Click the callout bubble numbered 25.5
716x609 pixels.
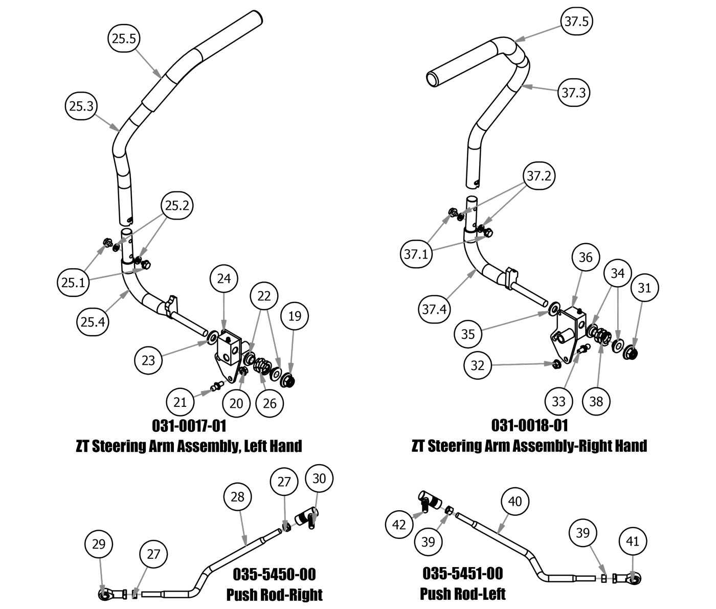tap(124, 39)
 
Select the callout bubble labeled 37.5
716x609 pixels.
tap(576, 21)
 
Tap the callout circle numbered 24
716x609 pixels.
tap(224, 279)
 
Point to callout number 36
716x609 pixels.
tap(586, 257)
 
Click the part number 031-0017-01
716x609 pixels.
tap(189, 426)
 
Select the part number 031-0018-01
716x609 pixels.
tap(529, 425)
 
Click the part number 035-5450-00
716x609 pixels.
tap(274, 574)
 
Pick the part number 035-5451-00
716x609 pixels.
tap(462, 573)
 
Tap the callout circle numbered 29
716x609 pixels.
tap(99, 544)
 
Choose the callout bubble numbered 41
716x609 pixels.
tap(633, 541)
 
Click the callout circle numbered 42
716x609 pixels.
tap(399, 525)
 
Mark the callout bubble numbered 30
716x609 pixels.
tap(319, 478)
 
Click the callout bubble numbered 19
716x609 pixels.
tap(295, 316)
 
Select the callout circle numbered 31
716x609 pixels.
tap(644, 288)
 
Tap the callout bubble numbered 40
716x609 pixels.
tap(515, 502)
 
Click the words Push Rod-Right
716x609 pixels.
tap(274, 595)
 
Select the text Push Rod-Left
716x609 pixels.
tap(462, 594)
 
